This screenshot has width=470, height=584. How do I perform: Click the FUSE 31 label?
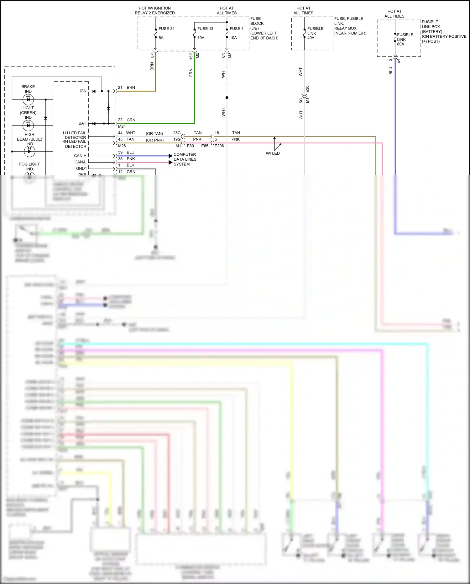click(166, 29)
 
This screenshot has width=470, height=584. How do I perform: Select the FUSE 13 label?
click(205, 29)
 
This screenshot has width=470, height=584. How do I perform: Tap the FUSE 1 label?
click(236, 29)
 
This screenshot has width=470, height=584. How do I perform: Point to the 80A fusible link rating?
click(400, 44)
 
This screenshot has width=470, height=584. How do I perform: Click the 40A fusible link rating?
click(311, 38)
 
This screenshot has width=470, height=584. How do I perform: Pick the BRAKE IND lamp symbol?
click(28, 99)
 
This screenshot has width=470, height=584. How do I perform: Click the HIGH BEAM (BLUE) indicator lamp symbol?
click(29, 152)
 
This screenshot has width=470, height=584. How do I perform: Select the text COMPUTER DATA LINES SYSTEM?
click(185, 159)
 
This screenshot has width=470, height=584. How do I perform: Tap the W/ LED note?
click(273, 153)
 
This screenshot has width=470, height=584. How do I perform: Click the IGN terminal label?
click(83, 91)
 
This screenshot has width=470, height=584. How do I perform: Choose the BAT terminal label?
click(82, 123)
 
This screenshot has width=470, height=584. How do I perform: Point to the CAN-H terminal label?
click(80, 156)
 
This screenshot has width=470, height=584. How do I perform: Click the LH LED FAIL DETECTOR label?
click(74, 135)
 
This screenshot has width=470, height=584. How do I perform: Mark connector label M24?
click(122, 126)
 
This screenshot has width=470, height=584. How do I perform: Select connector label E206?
click(219, 146)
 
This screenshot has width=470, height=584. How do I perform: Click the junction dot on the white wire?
click(227, 98)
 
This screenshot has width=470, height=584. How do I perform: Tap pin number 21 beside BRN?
click(120, 88)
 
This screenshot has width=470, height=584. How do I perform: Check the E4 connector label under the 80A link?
click(398, 61)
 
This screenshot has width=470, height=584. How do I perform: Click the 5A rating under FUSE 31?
click(161, 38)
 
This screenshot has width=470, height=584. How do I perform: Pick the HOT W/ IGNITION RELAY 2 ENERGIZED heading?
click(155, 11)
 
